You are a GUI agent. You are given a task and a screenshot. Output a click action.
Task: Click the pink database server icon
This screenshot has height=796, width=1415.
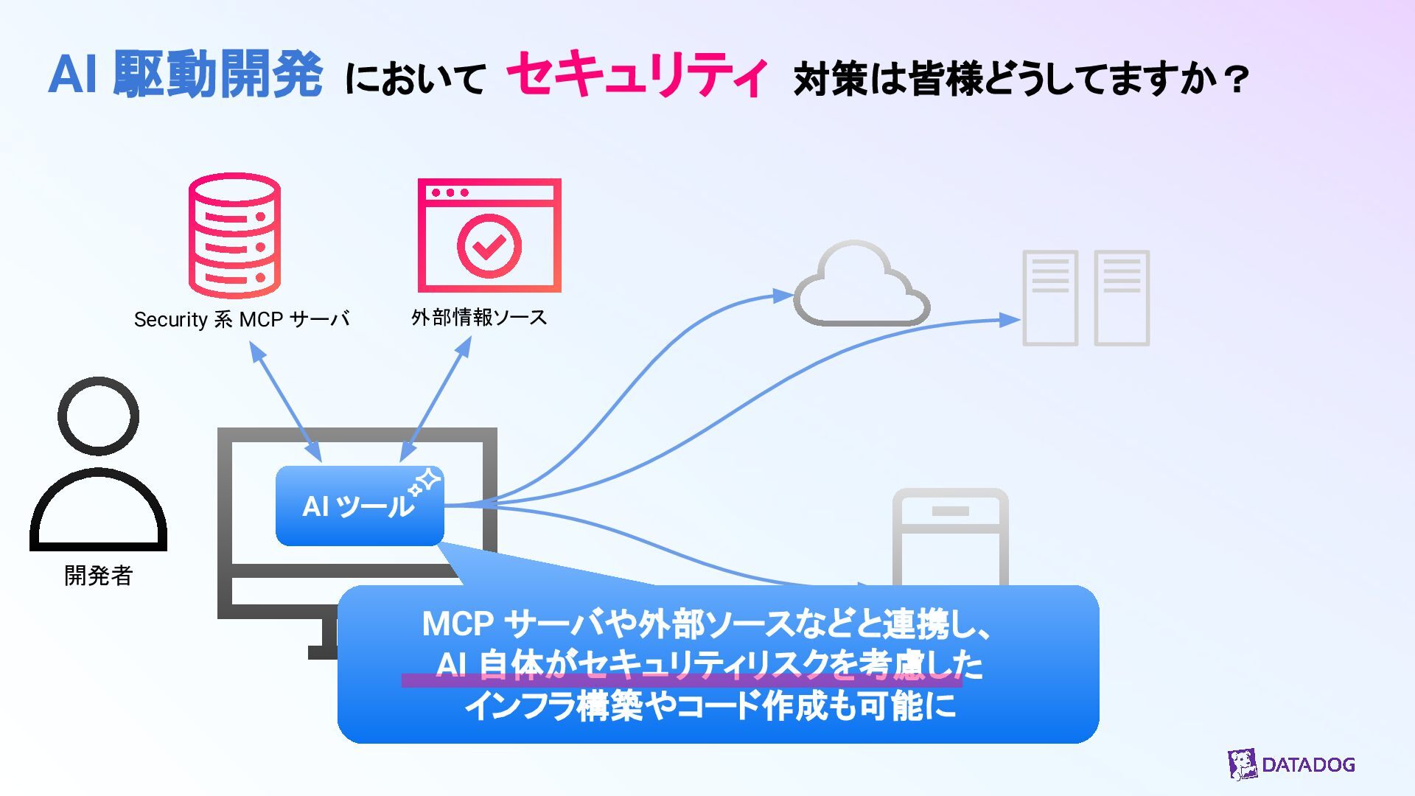[x=234, y=236]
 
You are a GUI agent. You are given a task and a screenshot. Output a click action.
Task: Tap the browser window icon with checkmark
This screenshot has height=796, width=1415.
[x=489, y=236]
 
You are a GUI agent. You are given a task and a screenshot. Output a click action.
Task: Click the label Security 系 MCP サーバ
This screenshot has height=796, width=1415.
[x=242, y=319]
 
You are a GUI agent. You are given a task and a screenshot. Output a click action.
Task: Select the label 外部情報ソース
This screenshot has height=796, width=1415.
[x=479, y=318]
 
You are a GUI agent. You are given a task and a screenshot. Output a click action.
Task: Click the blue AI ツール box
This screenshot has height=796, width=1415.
[x=359, y=506]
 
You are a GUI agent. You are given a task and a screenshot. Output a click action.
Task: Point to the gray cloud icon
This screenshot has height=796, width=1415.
[x=861, y=286]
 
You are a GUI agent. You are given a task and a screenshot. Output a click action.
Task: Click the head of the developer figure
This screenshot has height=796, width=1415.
[x=98, y=416]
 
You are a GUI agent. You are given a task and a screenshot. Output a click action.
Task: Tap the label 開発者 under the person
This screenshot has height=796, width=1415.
[x=98, y=576]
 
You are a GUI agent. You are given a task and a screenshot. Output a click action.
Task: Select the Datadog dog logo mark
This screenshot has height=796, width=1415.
[x=1242, y=764]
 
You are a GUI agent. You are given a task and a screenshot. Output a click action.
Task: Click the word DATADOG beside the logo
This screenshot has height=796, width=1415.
[x=1308, y=765]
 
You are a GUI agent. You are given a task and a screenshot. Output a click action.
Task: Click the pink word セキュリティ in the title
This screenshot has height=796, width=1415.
[x=637, y=75]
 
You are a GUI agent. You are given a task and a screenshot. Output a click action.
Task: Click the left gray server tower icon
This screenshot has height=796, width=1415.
[x=1050, y=298]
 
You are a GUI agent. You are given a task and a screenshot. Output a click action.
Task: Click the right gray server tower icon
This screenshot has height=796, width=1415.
[x=1122, y=298]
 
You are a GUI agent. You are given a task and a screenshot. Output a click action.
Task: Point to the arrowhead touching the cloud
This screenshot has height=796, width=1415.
[x=783, y=296]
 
